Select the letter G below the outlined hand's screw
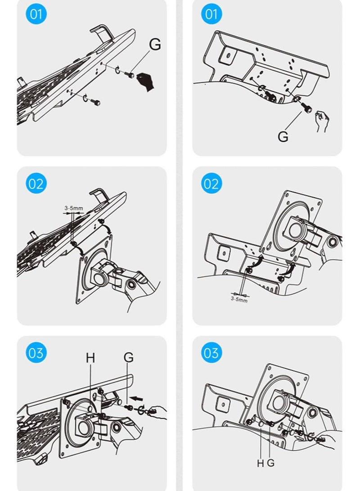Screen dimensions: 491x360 [x=283, y=136]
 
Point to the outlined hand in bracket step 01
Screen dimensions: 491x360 [x=321, y=121]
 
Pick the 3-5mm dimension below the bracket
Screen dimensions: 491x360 [x=239, y=299]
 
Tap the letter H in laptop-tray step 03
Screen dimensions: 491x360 [x=90, y=358]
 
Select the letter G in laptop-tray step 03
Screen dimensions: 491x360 [x=128, y=358]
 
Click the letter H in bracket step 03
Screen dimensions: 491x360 [x=260, y=463]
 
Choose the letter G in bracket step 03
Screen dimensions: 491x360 [x=270, y=463]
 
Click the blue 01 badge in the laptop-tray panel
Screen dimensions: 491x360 [x=36, y=14]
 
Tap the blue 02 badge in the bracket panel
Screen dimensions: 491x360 [x=211, y=184]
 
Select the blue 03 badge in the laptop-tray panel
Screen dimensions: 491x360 [x=36, y=353]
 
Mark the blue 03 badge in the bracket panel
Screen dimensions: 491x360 [x=211, y=353]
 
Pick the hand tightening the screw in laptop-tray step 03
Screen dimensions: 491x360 [x=157, y=410]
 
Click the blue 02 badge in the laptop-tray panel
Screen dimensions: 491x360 [x=36, y=184]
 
